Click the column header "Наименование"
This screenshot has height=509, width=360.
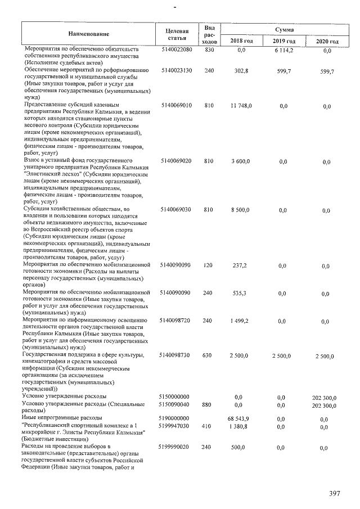[88, 35]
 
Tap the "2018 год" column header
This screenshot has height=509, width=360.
[242, 42]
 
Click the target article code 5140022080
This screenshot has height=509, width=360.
[177, 51]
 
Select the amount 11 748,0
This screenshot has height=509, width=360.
[242, 106]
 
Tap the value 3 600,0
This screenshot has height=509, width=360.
[242, 161]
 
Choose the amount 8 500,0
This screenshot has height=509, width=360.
[242, 210]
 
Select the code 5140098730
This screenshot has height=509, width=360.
[177, 355]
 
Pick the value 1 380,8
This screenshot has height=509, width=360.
[242, 427]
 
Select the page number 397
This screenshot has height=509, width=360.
[335, 494]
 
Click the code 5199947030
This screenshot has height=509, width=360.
[177, 427]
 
